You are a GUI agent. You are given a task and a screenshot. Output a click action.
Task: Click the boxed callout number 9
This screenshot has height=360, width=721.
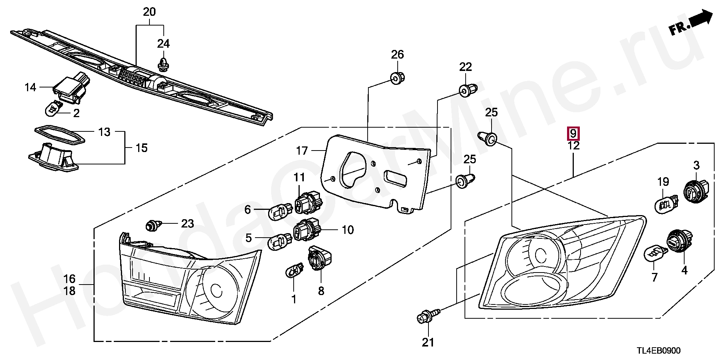pyautogui.click(x=573, y=133)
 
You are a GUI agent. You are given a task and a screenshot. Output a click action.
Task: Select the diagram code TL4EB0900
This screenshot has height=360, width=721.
pyautogui.click(x=658, y=350)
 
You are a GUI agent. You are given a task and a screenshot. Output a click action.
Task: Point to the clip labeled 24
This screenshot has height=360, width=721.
pyautogui.click(x=163, y=64)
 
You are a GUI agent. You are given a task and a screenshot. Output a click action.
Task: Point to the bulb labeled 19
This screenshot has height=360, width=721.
pyautogui.click(x=666, y=203)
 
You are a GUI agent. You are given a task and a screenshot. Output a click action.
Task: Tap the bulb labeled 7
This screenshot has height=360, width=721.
pyautogui.click(x=654, y=256)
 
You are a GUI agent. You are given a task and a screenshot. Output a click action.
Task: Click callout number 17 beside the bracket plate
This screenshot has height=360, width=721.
pyautogui.click(x=302, y=151)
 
